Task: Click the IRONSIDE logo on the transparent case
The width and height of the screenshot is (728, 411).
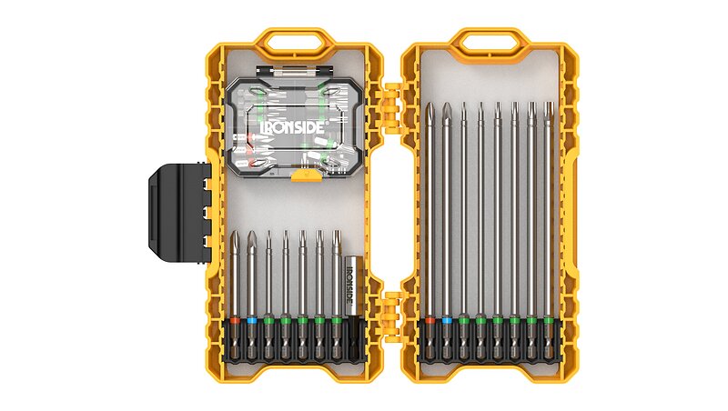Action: coord(293,127)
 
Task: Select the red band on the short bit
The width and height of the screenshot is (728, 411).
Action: coord(235,320)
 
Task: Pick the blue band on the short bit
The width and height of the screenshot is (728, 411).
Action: coord(252,320)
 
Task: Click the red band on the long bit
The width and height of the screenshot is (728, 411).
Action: coord(430,320)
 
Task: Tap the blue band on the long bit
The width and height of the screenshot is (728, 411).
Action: coord(447,320)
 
